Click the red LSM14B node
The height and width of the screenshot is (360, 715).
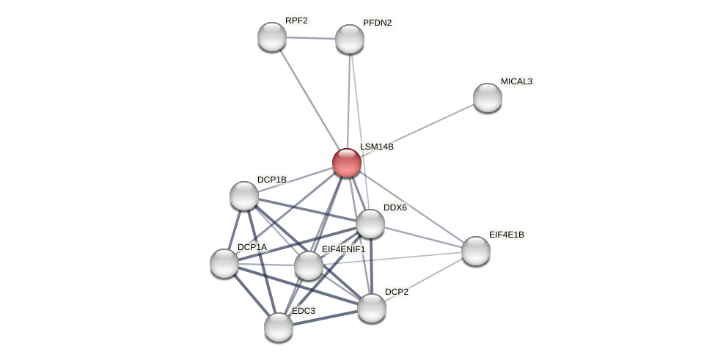coord(347,163)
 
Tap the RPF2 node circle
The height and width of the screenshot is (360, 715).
coord(272,37)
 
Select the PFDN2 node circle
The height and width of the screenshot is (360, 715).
coord(350,39)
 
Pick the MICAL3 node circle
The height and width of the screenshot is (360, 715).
coord(488,98)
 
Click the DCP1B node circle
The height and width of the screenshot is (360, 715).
coord(244,196)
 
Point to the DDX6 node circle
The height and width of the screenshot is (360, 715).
coord(370,224)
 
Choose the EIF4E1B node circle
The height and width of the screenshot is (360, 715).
coord(476,251)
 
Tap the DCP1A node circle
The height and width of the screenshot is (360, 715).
coord(224,263)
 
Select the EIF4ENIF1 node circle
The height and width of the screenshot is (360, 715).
coord(309,265)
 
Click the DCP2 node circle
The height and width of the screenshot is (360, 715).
coord(372,308)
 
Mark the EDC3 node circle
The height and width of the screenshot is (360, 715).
coord(279,327)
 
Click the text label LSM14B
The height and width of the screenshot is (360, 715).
coord(377,147)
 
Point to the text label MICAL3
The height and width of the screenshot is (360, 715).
coord(516,81)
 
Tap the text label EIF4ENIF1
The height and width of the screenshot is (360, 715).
coord(343,249)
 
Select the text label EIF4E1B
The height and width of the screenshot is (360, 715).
coord(506,235)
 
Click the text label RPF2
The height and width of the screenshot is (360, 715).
coord(296,21)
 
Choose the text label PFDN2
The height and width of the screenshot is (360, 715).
coord(377,23)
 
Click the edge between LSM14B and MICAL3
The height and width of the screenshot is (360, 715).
coord(417,130)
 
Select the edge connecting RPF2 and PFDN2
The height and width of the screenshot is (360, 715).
coord(311,38)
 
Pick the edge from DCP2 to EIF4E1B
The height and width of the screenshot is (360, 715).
coord(424,279)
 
